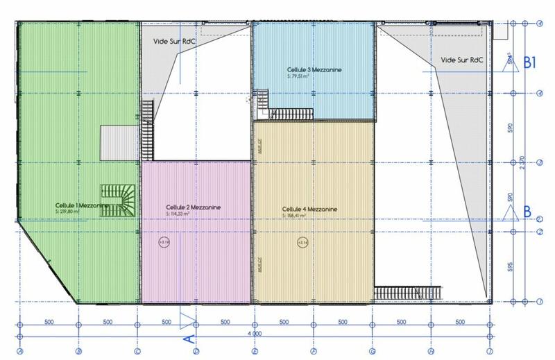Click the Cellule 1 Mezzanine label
[82, 206]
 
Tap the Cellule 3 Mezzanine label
[314, 70]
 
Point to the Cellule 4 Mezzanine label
[310, 208]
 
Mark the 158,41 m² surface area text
[300, 215]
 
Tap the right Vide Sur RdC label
[461, 60]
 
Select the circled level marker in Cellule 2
[164, 242]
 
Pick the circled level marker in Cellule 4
[301, 241]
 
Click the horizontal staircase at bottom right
[408, 292]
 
